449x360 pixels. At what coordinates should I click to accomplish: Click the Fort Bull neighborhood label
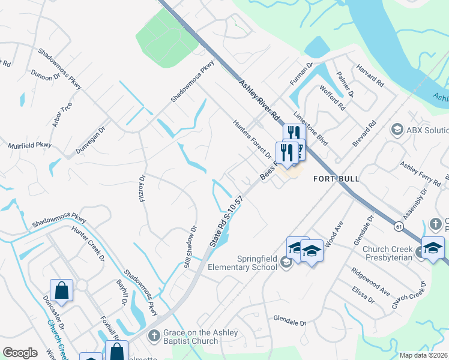coord(336,179)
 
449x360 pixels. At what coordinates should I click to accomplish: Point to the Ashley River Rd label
coord(259,100)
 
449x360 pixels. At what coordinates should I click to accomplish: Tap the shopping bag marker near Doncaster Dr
coord(62,290)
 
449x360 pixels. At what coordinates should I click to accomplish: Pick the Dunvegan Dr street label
coord(91,141)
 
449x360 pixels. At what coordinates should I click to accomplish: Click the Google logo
coord(20,353)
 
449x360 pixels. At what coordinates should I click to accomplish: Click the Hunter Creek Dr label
coord(88,244)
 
